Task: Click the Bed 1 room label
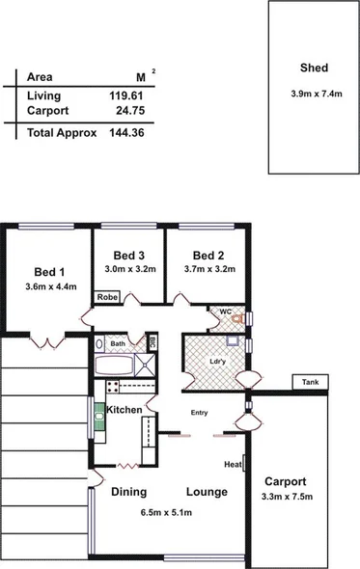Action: coord(49,271)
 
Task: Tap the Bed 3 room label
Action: coord(128,255)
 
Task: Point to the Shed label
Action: coord(315,68)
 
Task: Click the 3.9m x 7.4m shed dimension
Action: coord(315,94)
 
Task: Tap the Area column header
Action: coord(40,77)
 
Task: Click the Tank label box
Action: coord(309,383)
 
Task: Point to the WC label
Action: coord(225,312)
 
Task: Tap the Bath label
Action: coord(118,343)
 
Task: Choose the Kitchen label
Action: coord(125,410)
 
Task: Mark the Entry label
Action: coord(200,414)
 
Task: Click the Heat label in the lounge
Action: coord(232,464)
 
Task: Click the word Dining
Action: coord(128,492)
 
